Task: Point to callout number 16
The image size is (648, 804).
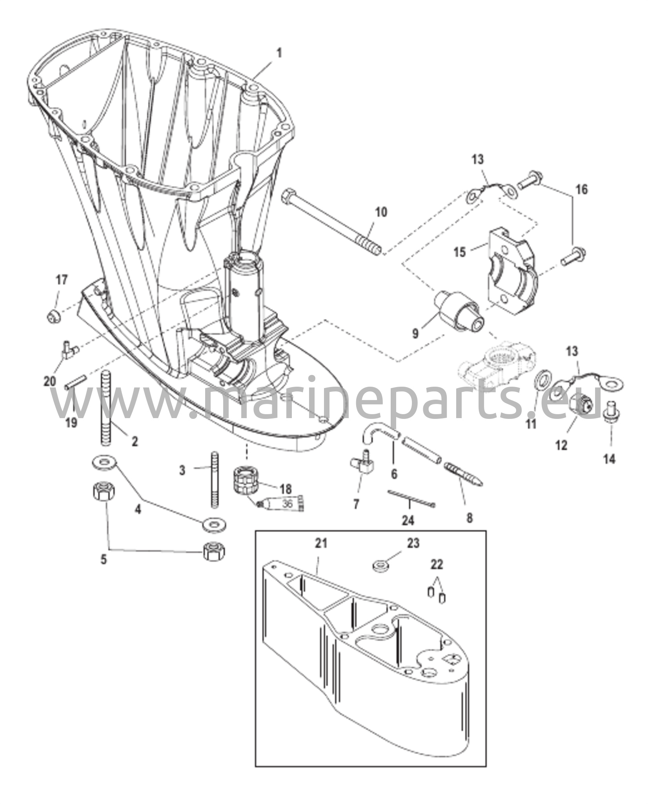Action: (x=582, y=189)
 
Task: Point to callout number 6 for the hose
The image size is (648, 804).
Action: (x=394, y=474)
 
